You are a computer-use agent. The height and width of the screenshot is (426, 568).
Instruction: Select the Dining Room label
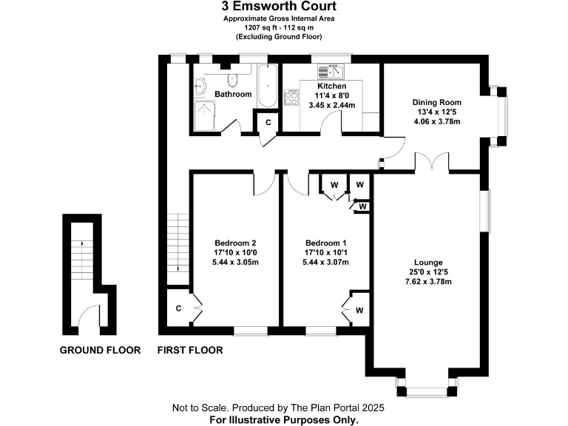click(x=436, y=103)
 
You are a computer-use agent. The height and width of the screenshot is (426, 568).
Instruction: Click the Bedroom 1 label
click(x=325, y=243)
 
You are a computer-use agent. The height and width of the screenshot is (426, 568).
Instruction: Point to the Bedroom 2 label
click(x=235, y=243)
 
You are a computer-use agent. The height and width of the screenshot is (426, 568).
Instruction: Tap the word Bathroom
click(x=233, y=95)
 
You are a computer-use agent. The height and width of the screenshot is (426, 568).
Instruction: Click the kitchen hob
click(x=291, y=96)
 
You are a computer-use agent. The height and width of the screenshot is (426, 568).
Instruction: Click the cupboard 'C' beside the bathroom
click(x=268, y=122)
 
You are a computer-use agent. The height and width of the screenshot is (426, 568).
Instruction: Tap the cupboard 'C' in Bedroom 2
click(x=179, y=308)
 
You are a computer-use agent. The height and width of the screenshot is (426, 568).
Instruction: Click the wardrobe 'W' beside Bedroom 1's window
click(x=358, y=309)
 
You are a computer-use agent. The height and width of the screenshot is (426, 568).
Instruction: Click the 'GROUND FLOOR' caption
click(x=100, y=351)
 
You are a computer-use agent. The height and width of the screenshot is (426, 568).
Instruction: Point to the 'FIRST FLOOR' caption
click(x=190, y=351)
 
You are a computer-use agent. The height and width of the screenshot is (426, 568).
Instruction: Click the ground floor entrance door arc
click(x=87, y=316)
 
